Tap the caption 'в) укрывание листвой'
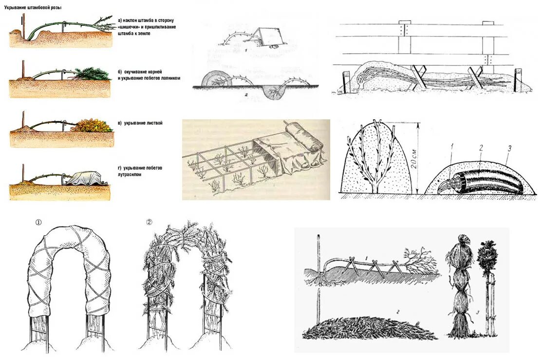(x=140, y=123)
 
